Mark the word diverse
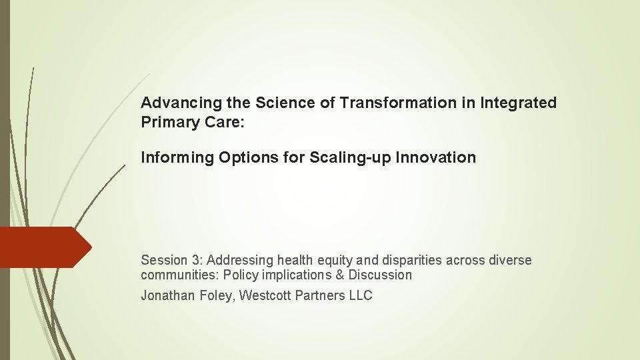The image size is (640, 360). point(509,260)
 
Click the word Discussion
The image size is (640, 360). point(380,275)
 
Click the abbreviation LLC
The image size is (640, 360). point(361,296)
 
